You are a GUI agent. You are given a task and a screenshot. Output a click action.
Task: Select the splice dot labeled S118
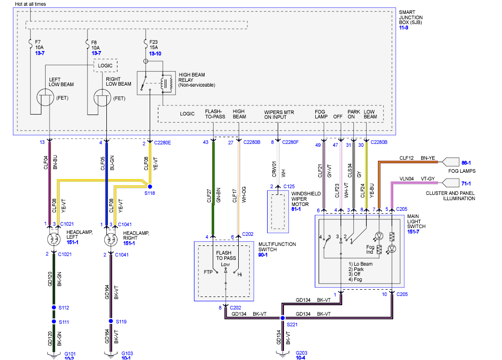[x=150, y=186]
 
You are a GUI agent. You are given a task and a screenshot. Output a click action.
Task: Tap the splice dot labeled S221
[x=282, y=318]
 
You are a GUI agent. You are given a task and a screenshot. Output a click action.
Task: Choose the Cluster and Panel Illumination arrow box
[x=451, y=182]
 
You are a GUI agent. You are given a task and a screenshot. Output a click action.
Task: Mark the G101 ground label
[x=70, y=353]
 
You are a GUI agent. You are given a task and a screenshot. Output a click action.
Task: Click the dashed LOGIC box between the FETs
[x=105, y=65]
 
